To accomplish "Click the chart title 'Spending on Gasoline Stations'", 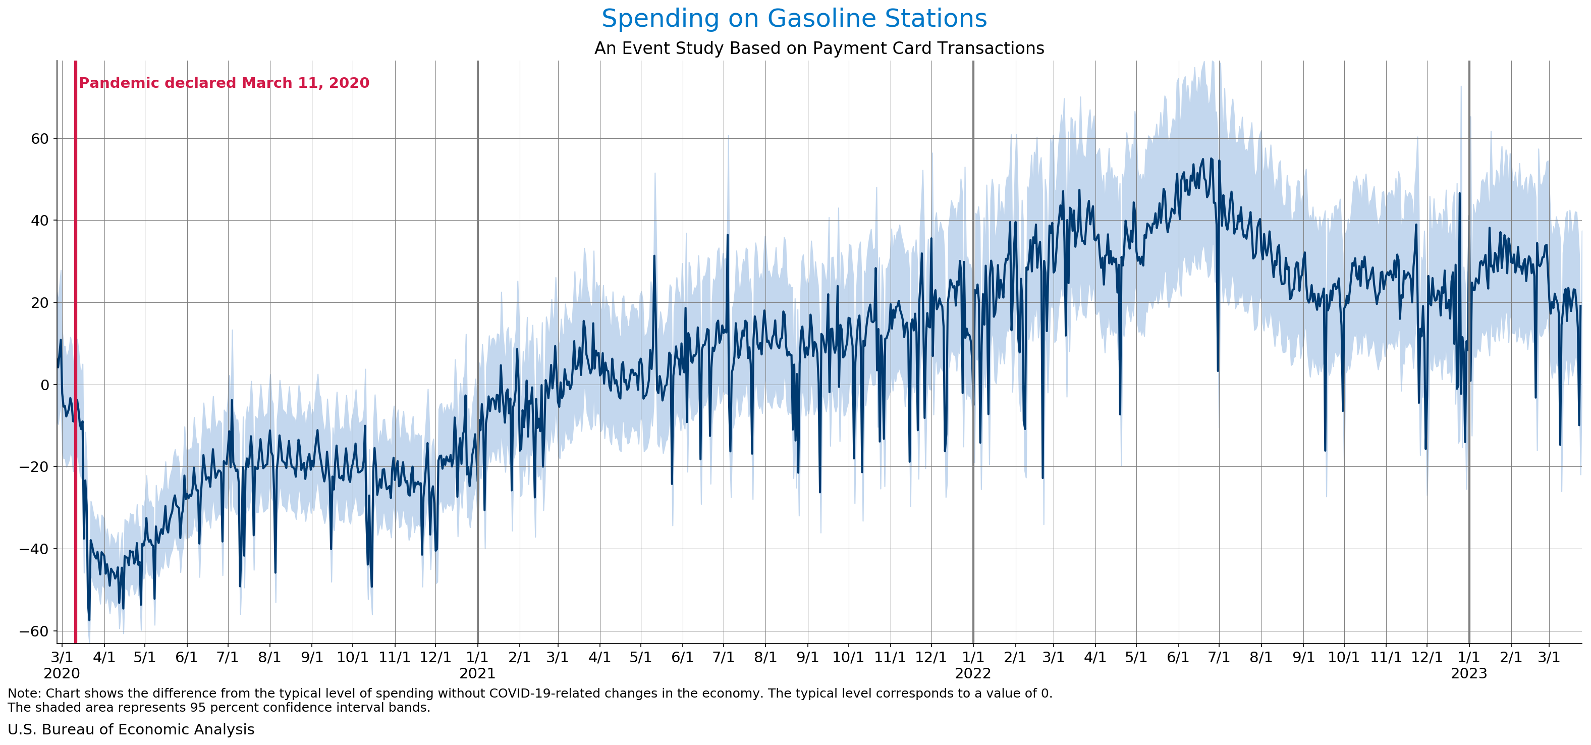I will tap(794, 19).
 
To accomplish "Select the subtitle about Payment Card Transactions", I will tap(819, 48).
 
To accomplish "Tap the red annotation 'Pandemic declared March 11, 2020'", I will tap(224, 83).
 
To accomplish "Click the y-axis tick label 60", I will tap(39, 138).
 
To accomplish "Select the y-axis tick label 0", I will tap(44, 384).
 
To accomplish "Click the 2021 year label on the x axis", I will tap(477, 673).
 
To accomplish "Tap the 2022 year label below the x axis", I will tap(973, 673).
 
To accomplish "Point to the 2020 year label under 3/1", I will tap(62, 673).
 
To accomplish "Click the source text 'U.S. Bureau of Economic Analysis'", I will tap(131, 729).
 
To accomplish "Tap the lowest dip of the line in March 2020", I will tap(89, 620).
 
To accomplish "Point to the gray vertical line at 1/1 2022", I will tap(973, 309).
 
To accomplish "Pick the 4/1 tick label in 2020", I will tap(104, 657).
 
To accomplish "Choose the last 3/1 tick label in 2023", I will tap(1549, 657).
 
